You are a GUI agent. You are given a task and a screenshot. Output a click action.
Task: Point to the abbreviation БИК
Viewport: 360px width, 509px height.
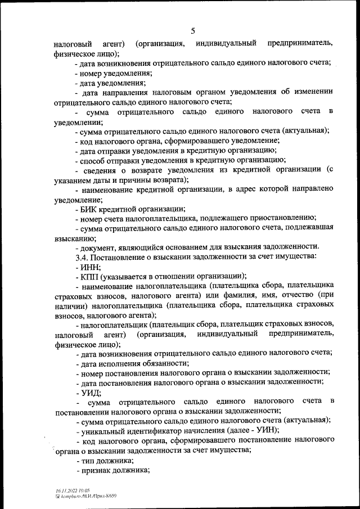(x=91, y=208)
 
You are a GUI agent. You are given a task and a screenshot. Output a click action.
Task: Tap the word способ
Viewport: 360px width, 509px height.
(x=97, y=160)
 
